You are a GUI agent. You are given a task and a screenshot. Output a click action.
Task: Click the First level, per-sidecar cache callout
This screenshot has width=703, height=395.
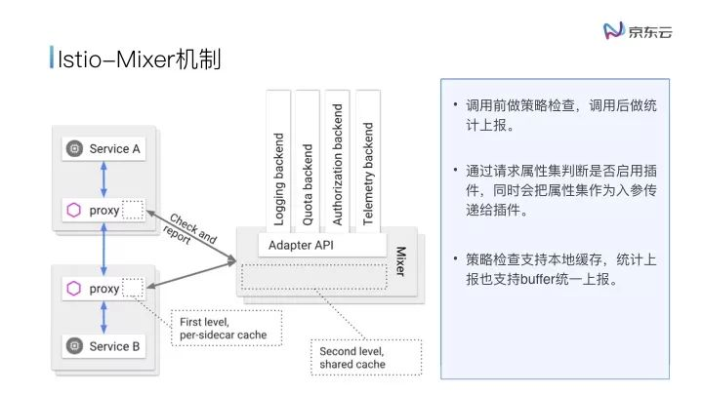point(224,329)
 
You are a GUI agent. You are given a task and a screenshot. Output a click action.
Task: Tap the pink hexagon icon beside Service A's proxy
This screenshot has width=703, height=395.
point(73,210)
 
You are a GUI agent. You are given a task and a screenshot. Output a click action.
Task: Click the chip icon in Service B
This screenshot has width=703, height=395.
point(72,346)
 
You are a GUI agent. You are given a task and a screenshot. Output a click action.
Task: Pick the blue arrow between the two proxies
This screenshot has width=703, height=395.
point(103,250)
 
